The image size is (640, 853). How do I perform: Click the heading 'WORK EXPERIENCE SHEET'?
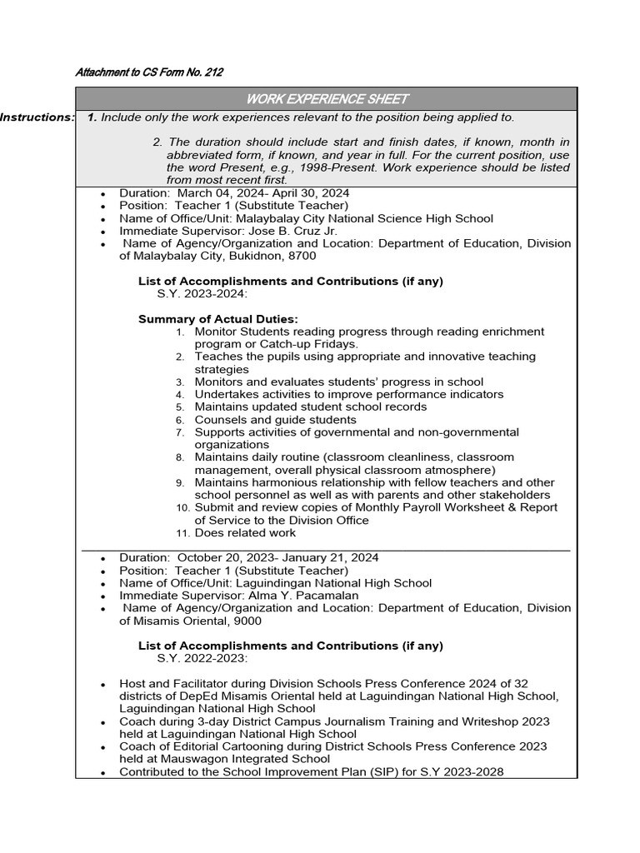click(x=327, y=99)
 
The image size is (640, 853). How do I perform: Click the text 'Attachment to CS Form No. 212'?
click(x=149, y=72)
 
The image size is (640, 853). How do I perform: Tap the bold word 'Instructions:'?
click(x=37, y=117)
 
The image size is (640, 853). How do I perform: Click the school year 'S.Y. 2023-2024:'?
click(x=202, y=294)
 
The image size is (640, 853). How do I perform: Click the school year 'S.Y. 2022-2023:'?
click(x=202, y=658)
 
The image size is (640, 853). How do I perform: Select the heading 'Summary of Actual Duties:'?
click(x=217, y=319)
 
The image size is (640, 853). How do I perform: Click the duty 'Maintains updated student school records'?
click(x=311, y=407)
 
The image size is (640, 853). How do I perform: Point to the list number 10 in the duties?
click(x=182, y=508)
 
